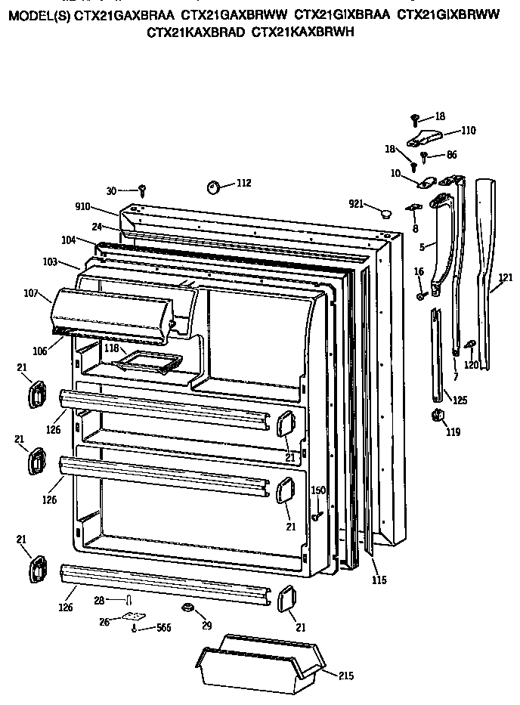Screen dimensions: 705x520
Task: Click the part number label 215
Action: [x=346, y=676]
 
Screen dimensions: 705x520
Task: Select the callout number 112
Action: [x=243, y=183]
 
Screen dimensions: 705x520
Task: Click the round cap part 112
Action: [x=214, y=187]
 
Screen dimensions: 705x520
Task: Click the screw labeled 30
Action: [x=142, y=190]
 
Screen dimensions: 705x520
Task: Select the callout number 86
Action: [x=451, y=155]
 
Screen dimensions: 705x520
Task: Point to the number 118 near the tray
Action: [x=111, y=348]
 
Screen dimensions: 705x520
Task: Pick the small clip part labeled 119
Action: [x=436, y=415]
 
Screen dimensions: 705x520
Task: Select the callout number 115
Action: [x=379, y=580]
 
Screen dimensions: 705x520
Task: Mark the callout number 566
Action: [x=164, y=627]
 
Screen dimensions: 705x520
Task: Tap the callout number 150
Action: [x=319, y=490]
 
